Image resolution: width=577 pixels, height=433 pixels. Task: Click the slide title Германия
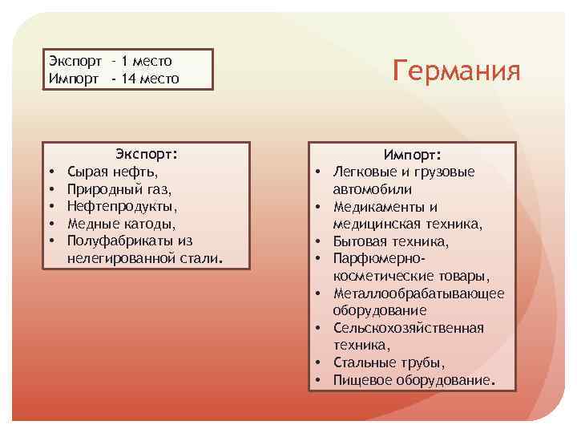click(x=457, y=71)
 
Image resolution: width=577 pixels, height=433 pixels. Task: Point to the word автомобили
click(x=373, y=189)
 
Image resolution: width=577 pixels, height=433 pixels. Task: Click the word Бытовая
click(x=360, y=241)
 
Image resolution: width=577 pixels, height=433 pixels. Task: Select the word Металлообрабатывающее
click(x=418, y=293)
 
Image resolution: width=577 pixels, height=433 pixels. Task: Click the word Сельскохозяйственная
click(x=408, y=327)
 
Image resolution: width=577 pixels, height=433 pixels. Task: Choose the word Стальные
click(x=365, y=362)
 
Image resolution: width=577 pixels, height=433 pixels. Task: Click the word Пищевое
click(x=363, y=379)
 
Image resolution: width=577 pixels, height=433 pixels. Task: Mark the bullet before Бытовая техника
click(x=318, y=241)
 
